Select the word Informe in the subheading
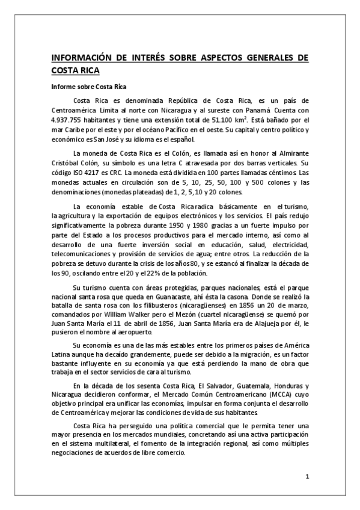pos(63,87)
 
